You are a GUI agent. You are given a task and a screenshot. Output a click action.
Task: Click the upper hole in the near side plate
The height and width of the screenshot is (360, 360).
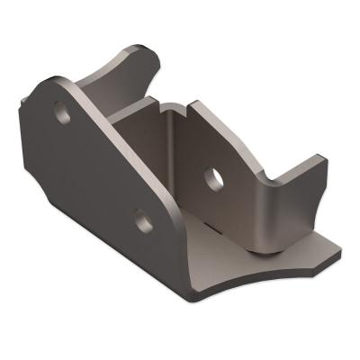(62, 112)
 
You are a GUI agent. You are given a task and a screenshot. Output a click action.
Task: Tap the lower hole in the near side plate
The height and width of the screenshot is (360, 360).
(141, 218)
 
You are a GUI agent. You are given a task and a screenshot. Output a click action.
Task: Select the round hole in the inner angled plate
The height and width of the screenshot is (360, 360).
(214, 176)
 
